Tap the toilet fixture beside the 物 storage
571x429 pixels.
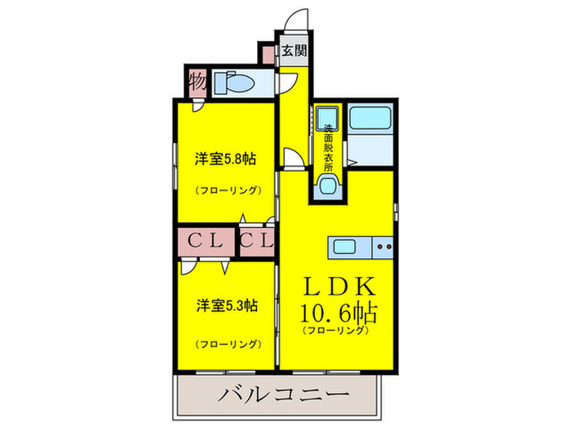234,83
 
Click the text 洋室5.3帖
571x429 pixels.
226,306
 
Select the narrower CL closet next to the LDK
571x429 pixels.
258,241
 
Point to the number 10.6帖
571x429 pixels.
336,313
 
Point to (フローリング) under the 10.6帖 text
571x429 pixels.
336,331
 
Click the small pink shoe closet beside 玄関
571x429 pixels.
268,54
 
